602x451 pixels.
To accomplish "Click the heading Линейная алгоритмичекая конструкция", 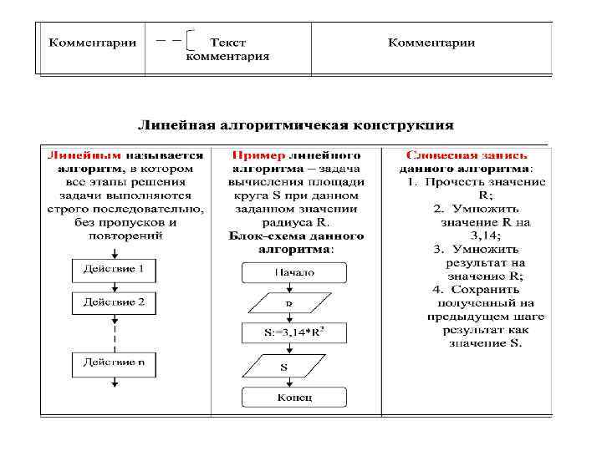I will pyautogui.click(x=295, y=126).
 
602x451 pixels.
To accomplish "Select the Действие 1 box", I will pyautogui.click(x=114, y=269).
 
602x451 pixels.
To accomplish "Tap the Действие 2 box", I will pyautogui.click(x=114, y=302).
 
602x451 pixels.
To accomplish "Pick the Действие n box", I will pyautogui.click(x=114, y=362).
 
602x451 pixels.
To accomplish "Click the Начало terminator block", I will pyautogui.click(x=294, y=272).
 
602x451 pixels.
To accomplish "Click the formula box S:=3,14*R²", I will pyautogui.click(x=294, y=334).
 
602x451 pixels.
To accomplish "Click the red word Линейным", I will pyautogui.click(x=84, y=155).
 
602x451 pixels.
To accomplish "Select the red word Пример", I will pyautogui.click(x=259, y=155).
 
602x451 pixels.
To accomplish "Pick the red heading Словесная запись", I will pyautogui.click(x=466, y=155).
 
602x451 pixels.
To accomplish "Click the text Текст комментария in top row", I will pyautogui.click(x=227, y=49).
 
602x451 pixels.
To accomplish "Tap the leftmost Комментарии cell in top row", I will pyautogui.click(x=92, y=43).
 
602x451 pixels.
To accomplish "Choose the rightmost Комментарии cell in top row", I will pyautogui.click(x=431, y=43).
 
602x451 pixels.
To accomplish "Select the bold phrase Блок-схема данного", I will pyautogui.click(x=296, y=236).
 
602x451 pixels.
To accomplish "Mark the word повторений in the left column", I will pyautogui.click(x=125, y=236).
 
